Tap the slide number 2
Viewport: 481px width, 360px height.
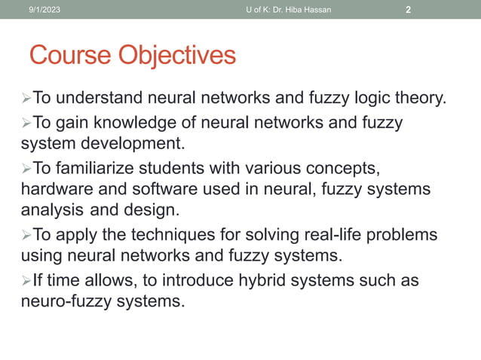click(x=408, y=10)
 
